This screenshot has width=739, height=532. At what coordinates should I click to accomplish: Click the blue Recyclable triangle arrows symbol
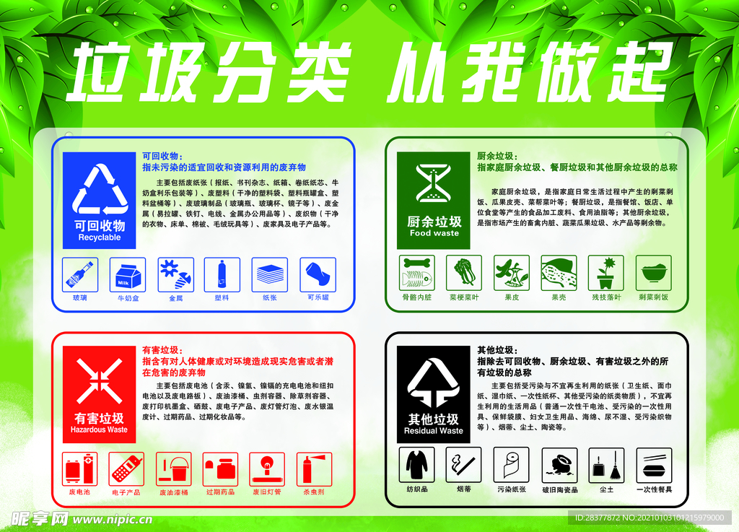(x=100, y=190)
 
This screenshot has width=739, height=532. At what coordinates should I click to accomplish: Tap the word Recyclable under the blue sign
(x=100, y=237)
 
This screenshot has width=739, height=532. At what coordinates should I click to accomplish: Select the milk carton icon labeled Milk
(x=128, y=275)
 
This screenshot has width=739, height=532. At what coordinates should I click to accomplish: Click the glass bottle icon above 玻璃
(x=80, y=275)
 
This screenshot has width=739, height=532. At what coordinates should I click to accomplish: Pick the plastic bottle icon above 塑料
(x=222, y=275)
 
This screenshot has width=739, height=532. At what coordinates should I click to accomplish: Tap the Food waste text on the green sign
(x=434, y=233)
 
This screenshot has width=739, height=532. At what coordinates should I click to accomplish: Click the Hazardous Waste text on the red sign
(x=99, y=429)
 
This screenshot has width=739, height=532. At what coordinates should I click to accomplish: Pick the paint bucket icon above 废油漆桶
(x=174, y=469)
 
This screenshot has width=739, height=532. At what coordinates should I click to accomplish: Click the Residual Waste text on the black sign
(x=433, y=431)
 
